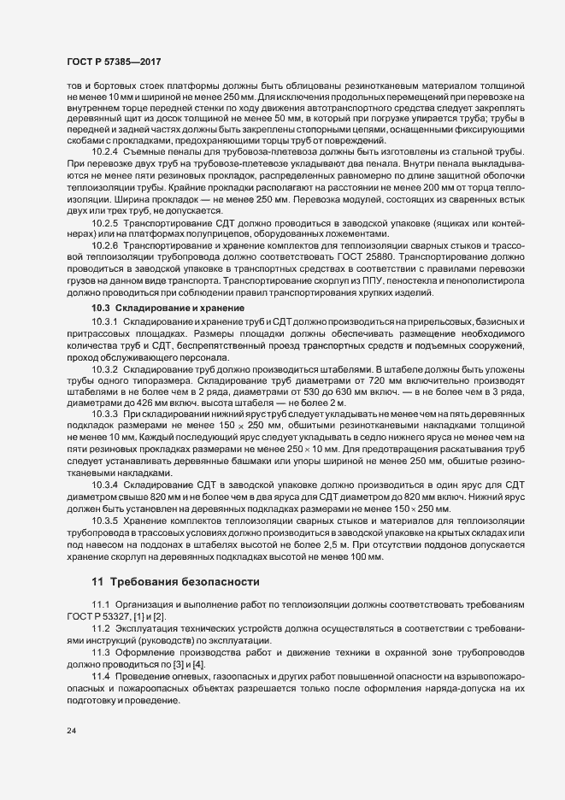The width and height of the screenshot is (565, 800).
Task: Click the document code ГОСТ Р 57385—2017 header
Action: [x=113, y=62]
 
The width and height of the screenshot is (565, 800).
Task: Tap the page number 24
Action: [x=72, y=732]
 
